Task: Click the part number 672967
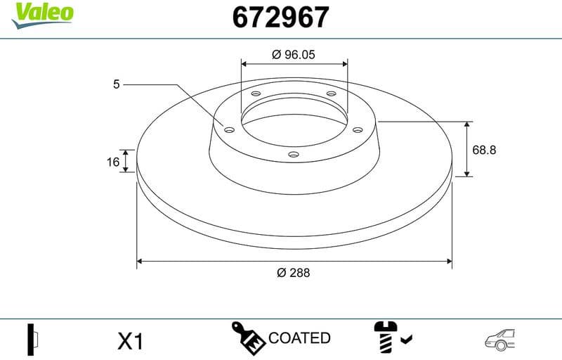[x=280, y=17]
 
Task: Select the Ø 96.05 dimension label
[x=294, y=54]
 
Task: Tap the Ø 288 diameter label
[x=294, y=272]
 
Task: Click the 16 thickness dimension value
[x=112, y=162]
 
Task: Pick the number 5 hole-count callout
[x=117, y=84]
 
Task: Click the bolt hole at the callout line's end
[x=228, y=129]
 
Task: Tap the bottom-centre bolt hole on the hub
[x=294, y=155]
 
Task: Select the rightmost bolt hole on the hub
[x=357, y=129]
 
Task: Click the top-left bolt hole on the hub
[x=256, y=94]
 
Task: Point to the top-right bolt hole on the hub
[x=331, y=95]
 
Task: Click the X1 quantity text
[x=131, y=342]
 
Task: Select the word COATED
[x=299, y=338]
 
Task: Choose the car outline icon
[x=501, y=339]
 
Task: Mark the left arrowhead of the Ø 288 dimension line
[x=140, y=261]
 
